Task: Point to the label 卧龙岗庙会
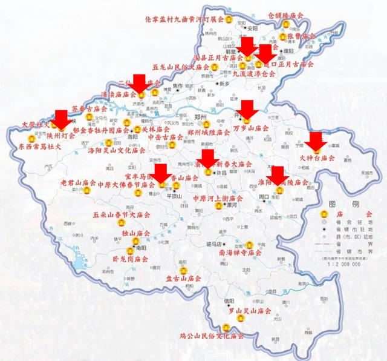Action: click(131, 259)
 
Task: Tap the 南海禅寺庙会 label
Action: click(241, 252)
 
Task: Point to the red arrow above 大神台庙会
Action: click(315, 142)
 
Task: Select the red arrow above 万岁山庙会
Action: click(247, 110)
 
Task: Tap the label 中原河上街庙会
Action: click(218, 198)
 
